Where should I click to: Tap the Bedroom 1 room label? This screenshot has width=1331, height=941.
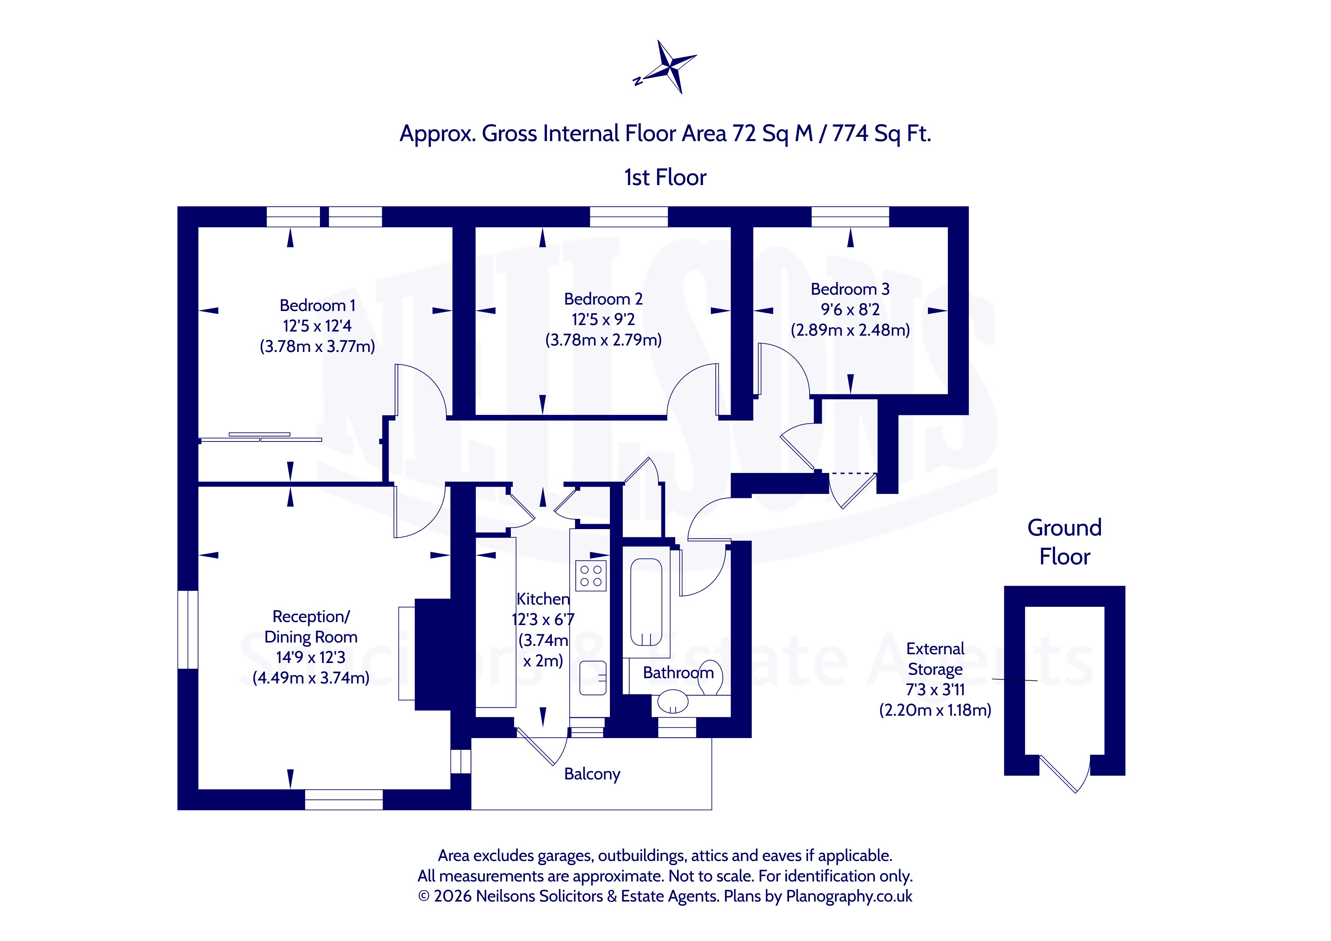317,305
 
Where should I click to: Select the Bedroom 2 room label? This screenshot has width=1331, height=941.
603,299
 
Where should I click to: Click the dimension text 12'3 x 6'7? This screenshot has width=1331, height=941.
543,619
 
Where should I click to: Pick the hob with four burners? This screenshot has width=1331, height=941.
591,575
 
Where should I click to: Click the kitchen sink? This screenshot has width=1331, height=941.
592,678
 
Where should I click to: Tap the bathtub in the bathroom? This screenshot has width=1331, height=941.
646,602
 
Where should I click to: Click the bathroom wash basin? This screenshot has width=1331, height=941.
673,702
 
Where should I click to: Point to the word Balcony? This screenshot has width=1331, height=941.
592,774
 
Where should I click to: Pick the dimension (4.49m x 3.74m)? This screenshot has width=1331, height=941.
311,677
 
